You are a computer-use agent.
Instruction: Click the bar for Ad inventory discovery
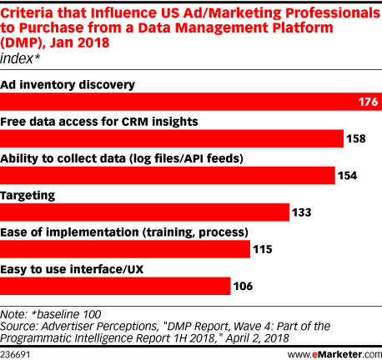point(191,102)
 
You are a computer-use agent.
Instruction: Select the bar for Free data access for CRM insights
point(172,138)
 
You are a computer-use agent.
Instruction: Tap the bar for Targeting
point(144,212)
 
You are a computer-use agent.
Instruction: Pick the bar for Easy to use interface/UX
point(115,286)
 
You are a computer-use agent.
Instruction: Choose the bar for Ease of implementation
point(125,249)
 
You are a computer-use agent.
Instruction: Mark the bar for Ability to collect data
point(168,175)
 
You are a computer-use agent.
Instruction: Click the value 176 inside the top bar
point(368,102)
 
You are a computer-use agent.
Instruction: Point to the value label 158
point(356,138)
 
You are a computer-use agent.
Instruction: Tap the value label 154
point(348,176)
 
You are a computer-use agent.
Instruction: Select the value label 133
point(302,212)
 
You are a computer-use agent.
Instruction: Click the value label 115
point(263,249)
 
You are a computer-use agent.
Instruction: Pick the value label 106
point(243,286)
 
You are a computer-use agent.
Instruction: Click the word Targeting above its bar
point(28,196)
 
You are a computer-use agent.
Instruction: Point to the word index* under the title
point(20,58)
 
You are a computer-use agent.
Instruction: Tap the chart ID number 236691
point(15,355)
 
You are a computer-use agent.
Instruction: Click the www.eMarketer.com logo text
point(334,354)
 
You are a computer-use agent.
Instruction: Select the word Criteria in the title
point(27,12)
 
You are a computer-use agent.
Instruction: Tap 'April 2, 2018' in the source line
point(257,338)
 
